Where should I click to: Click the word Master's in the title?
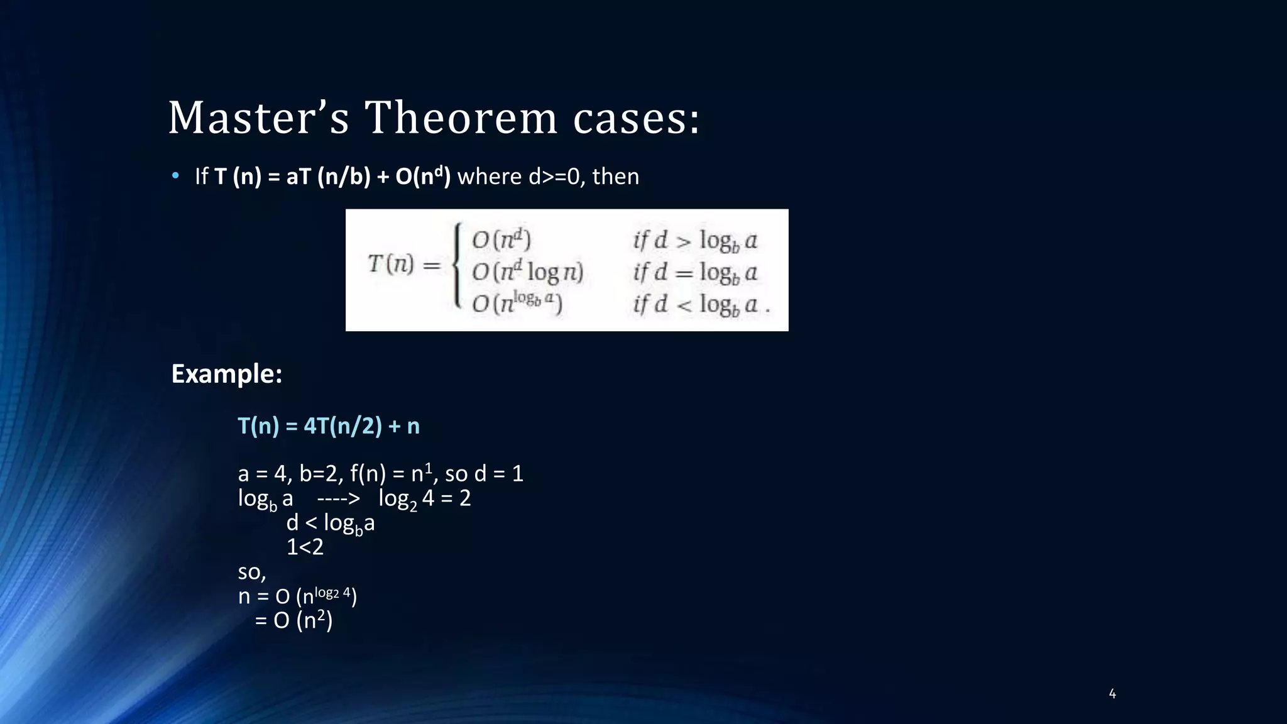point(258,118)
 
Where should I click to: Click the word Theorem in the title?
point(461,118)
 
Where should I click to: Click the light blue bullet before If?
point(176,176)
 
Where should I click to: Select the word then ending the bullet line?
point(615,177)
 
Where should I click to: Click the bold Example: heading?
point(227,374)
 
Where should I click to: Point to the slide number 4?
point(1112,694)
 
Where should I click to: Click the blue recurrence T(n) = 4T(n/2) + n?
point(329,426)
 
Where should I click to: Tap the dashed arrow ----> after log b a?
point(338,498)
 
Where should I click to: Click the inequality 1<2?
point(305,547)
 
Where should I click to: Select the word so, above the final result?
point(252,572)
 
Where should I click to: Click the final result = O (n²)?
point(293,621)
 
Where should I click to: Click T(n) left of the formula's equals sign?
point(391,264)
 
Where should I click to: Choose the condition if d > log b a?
point(695,241)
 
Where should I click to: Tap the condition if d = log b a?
point(695,273)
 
